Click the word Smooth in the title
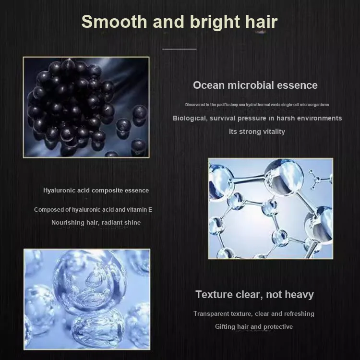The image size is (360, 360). tap(114, 22)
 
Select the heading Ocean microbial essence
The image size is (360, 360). tap(255, 85)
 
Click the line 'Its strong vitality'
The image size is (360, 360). tap(257, 132)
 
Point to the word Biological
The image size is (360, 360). tap(190, 118)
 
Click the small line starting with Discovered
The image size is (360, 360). tap(257, 105)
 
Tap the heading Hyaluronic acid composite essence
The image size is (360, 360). tap(96, 191)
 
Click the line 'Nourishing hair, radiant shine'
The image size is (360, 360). tap(96, 222)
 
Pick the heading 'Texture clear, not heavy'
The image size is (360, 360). tap(254, 294)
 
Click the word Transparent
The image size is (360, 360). tap(211, 313)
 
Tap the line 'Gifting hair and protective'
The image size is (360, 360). tap(254, 326)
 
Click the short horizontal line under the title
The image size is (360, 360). tap(180, 49)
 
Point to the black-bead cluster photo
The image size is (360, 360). tap(86, 107)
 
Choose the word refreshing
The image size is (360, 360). tap(299, 314)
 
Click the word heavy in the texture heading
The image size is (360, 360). tap(299, 295)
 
